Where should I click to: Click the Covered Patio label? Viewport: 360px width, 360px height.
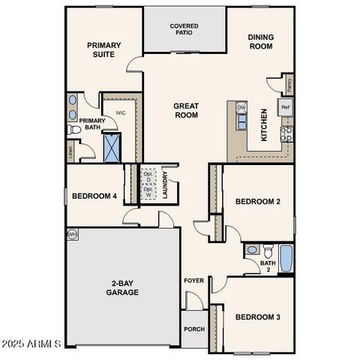[x=184, y=30]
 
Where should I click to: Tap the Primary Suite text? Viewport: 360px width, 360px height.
[x=103, y=50]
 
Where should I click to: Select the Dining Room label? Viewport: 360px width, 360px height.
[x=260, y=40]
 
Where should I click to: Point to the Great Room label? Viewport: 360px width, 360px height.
[x=186, y=110]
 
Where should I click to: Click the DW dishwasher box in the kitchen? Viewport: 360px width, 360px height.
[x=241, y=108]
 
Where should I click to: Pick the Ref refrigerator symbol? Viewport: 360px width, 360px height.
[x=286, y=108]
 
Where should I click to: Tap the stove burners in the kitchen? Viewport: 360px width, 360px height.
[x=286, y=134]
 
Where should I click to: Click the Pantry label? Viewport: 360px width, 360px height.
[x=289, y=85]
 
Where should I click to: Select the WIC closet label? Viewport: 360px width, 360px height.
[x=120, y=112]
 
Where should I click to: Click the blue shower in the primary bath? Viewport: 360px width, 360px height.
[x=112, y=147]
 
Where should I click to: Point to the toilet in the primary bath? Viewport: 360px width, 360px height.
[x=73, y=130]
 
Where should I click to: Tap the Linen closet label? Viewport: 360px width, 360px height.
[x=70, y=152]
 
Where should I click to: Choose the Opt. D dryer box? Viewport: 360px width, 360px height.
[x=148, y=177]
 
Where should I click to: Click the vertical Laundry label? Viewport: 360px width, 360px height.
[x=165, y=185]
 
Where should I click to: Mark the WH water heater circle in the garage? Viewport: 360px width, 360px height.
[x=73, y=234]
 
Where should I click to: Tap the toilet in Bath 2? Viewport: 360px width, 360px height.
[x=252, y=249]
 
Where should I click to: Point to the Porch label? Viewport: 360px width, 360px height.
[x=193, y=328]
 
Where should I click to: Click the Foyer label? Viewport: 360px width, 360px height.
[x=193, y=280]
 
